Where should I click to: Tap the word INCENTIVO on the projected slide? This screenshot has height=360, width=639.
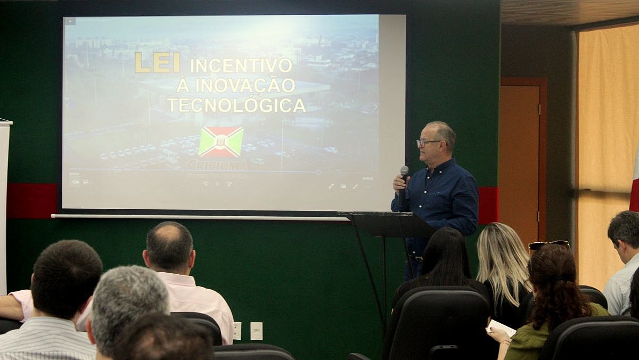pyautogui.click(x=241, y=65)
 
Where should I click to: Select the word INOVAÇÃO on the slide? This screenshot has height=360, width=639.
pyautogui.click(x=245, y=85)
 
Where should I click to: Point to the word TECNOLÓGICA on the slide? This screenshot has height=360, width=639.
pyautogui.click(x=236, y=105)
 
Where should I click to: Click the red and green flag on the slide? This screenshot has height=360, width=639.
pyautogui.click(x=221, y=142)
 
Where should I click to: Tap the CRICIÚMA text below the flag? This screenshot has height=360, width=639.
pyautogui.click(x=217, y=165)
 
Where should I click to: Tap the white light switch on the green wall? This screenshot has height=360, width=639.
pyautogui.click(x=256, y=331)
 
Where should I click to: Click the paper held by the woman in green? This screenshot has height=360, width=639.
pyautogui.click(x=502, y=328)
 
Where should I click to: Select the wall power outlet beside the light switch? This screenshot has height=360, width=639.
pyautogui.click(x=237, y=331)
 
